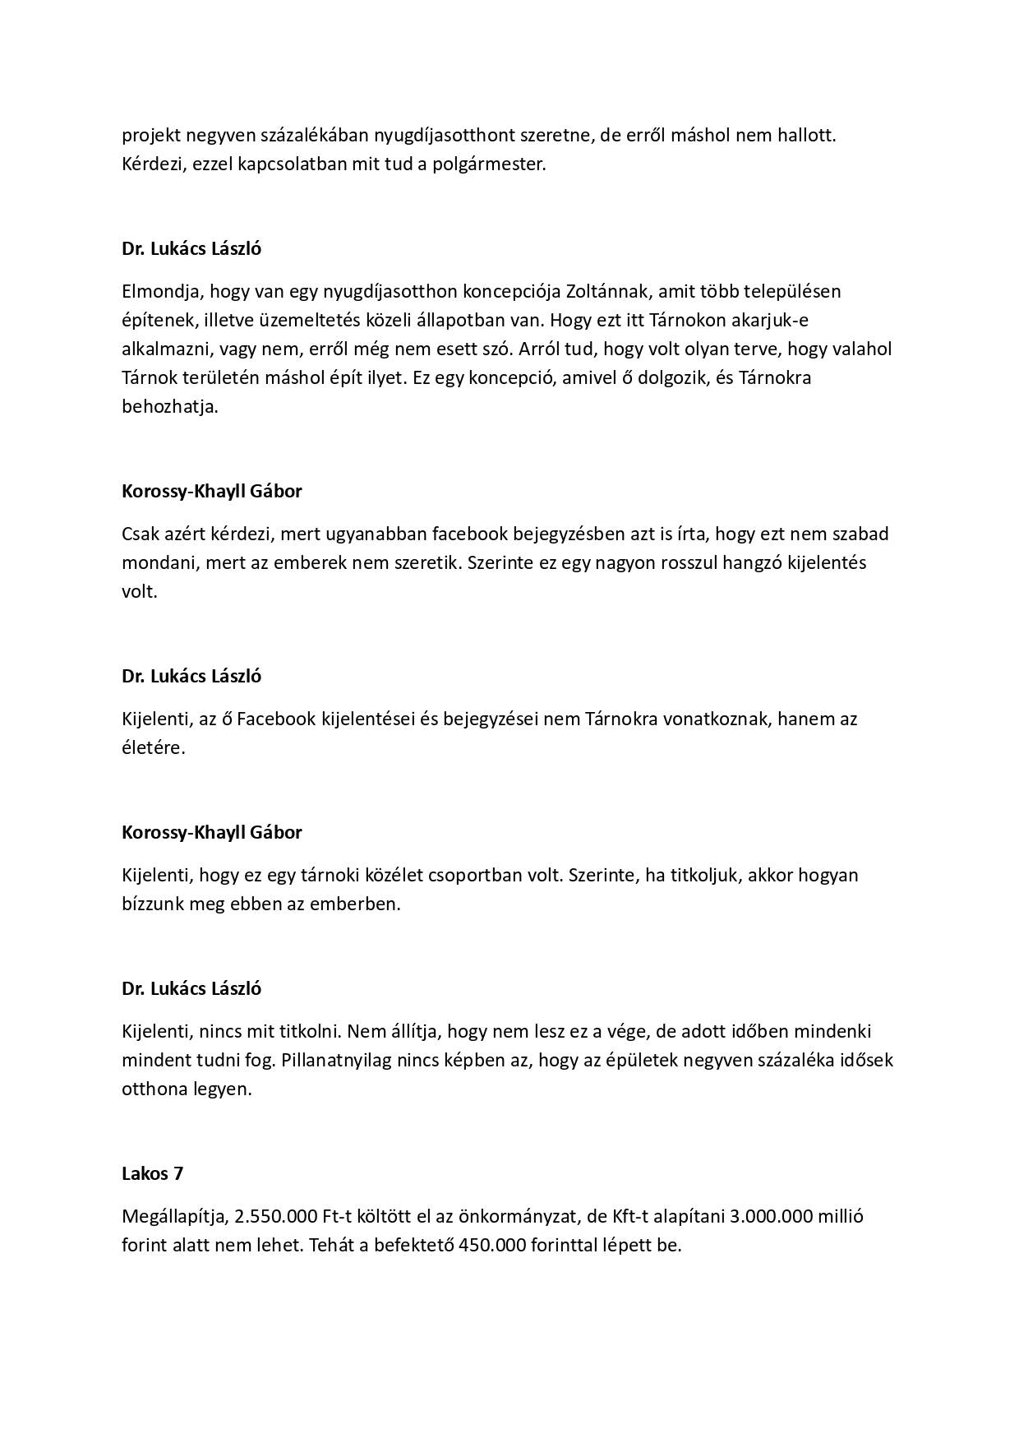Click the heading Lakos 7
point(152,1173)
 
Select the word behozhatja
point(170,407)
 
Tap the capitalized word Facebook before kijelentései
point(276,719)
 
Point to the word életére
point(153,748)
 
